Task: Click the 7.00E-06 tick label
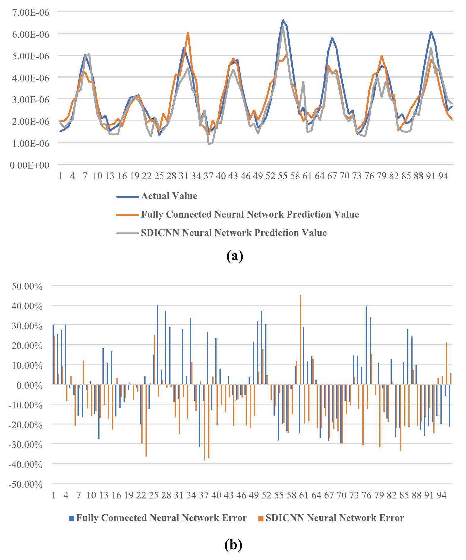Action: coord(30,12)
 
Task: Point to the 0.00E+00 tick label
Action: coord(29,165)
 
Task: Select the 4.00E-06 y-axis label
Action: coord(30,78)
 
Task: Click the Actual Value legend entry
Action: coord(169,196)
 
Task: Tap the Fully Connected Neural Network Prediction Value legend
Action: coord(249,215)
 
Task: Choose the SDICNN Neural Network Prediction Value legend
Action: coord(233,233)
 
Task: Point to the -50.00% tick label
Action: coord(26,485)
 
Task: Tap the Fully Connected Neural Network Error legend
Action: coord(161,518)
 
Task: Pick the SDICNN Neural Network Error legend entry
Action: coord(334,518)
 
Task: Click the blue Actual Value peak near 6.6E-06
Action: coord(283,20)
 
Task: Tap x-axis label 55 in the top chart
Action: coord(282,176)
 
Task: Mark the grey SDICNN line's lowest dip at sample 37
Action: coord(209,144)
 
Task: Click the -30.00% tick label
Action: coord(26,445)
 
